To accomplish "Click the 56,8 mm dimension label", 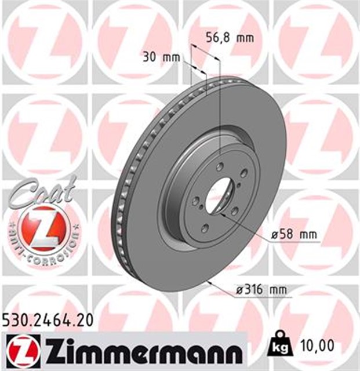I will coord(230,38).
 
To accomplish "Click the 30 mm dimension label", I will coord(161,57).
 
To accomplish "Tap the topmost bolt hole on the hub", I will coord(220,167).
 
